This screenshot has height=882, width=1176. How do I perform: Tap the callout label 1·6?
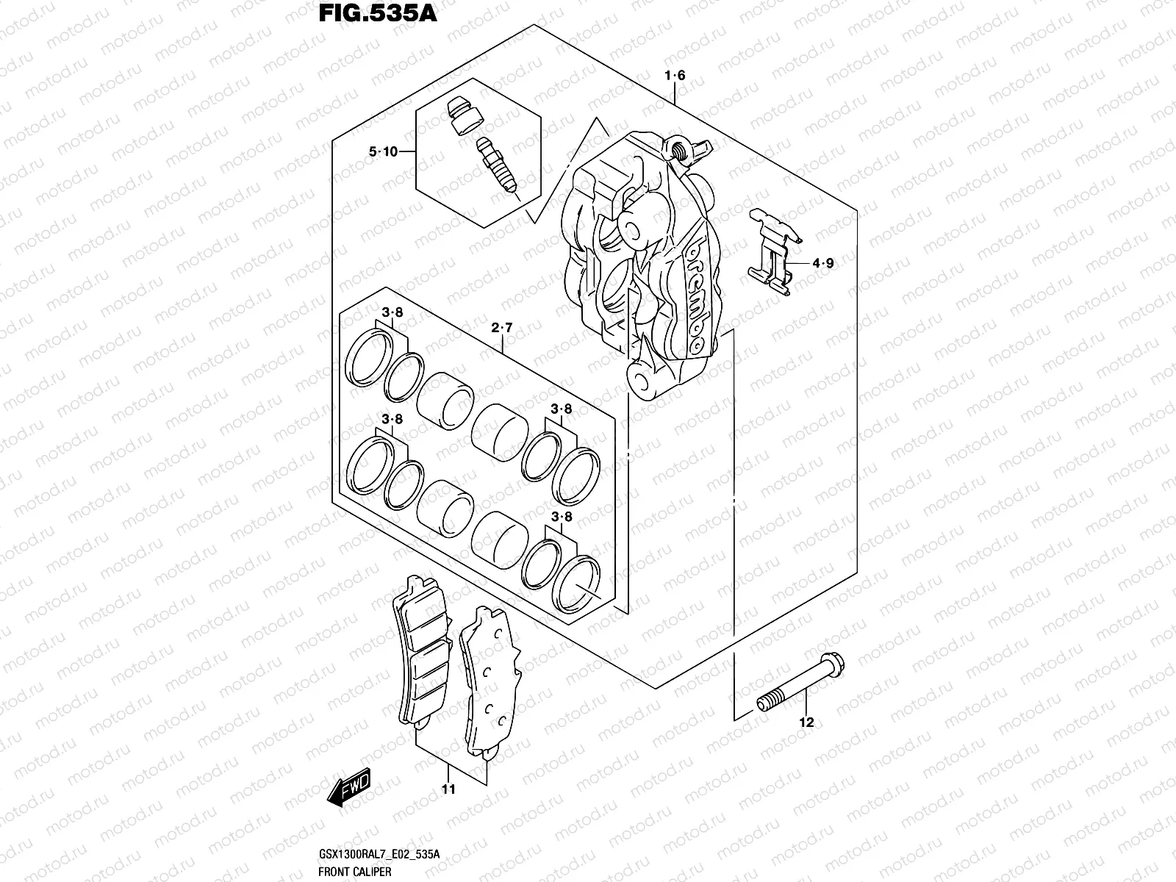[674, 76]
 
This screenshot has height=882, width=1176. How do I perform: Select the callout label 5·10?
[383, 152]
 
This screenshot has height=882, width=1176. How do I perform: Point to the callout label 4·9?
[823, 262]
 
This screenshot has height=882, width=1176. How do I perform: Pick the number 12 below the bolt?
[806, 723]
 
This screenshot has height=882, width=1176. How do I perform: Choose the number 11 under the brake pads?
[449, 789]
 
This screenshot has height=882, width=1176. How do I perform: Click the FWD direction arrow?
[350, 792]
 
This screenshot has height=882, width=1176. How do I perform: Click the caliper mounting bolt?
[800, 681]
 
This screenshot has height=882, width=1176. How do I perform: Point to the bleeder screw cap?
[464, 117]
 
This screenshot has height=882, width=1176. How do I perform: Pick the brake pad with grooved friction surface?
[420, 651]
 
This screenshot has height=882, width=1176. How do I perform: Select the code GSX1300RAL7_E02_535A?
[379, 854]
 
